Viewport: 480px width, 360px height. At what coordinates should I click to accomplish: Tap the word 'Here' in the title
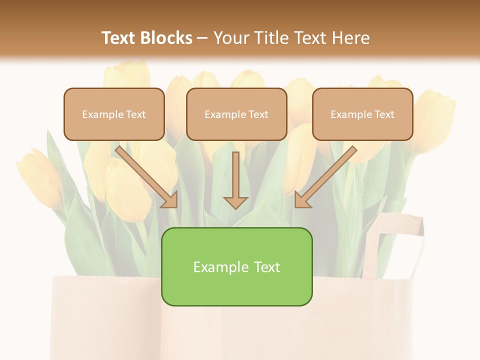(x=352, y=38)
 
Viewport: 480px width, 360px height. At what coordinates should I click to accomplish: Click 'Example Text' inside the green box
(x=236, y=267)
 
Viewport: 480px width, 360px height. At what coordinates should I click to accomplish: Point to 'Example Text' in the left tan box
(x=114, y=114)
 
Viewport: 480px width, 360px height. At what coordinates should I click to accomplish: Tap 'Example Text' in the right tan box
(x=362, y=114)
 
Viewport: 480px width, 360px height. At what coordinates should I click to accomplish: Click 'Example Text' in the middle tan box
(x=236, y=114)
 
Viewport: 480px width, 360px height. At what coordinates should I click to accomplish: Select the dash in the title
(x=203, y=38)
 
